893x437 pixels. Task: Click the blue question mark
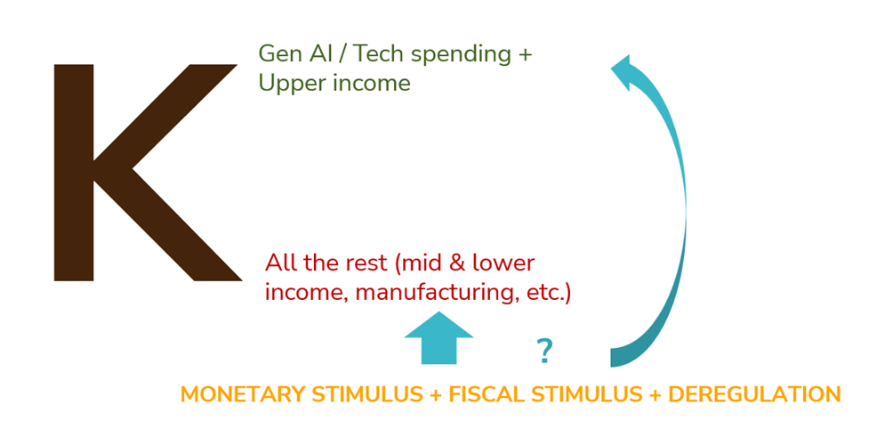tap(544, 351)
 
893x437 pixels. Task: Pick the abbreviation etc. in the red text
tap(541, 294)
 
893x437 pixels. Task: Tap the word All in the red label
tap(279, 263)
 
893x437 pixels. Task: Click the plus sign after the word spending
tap(524, 55)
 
